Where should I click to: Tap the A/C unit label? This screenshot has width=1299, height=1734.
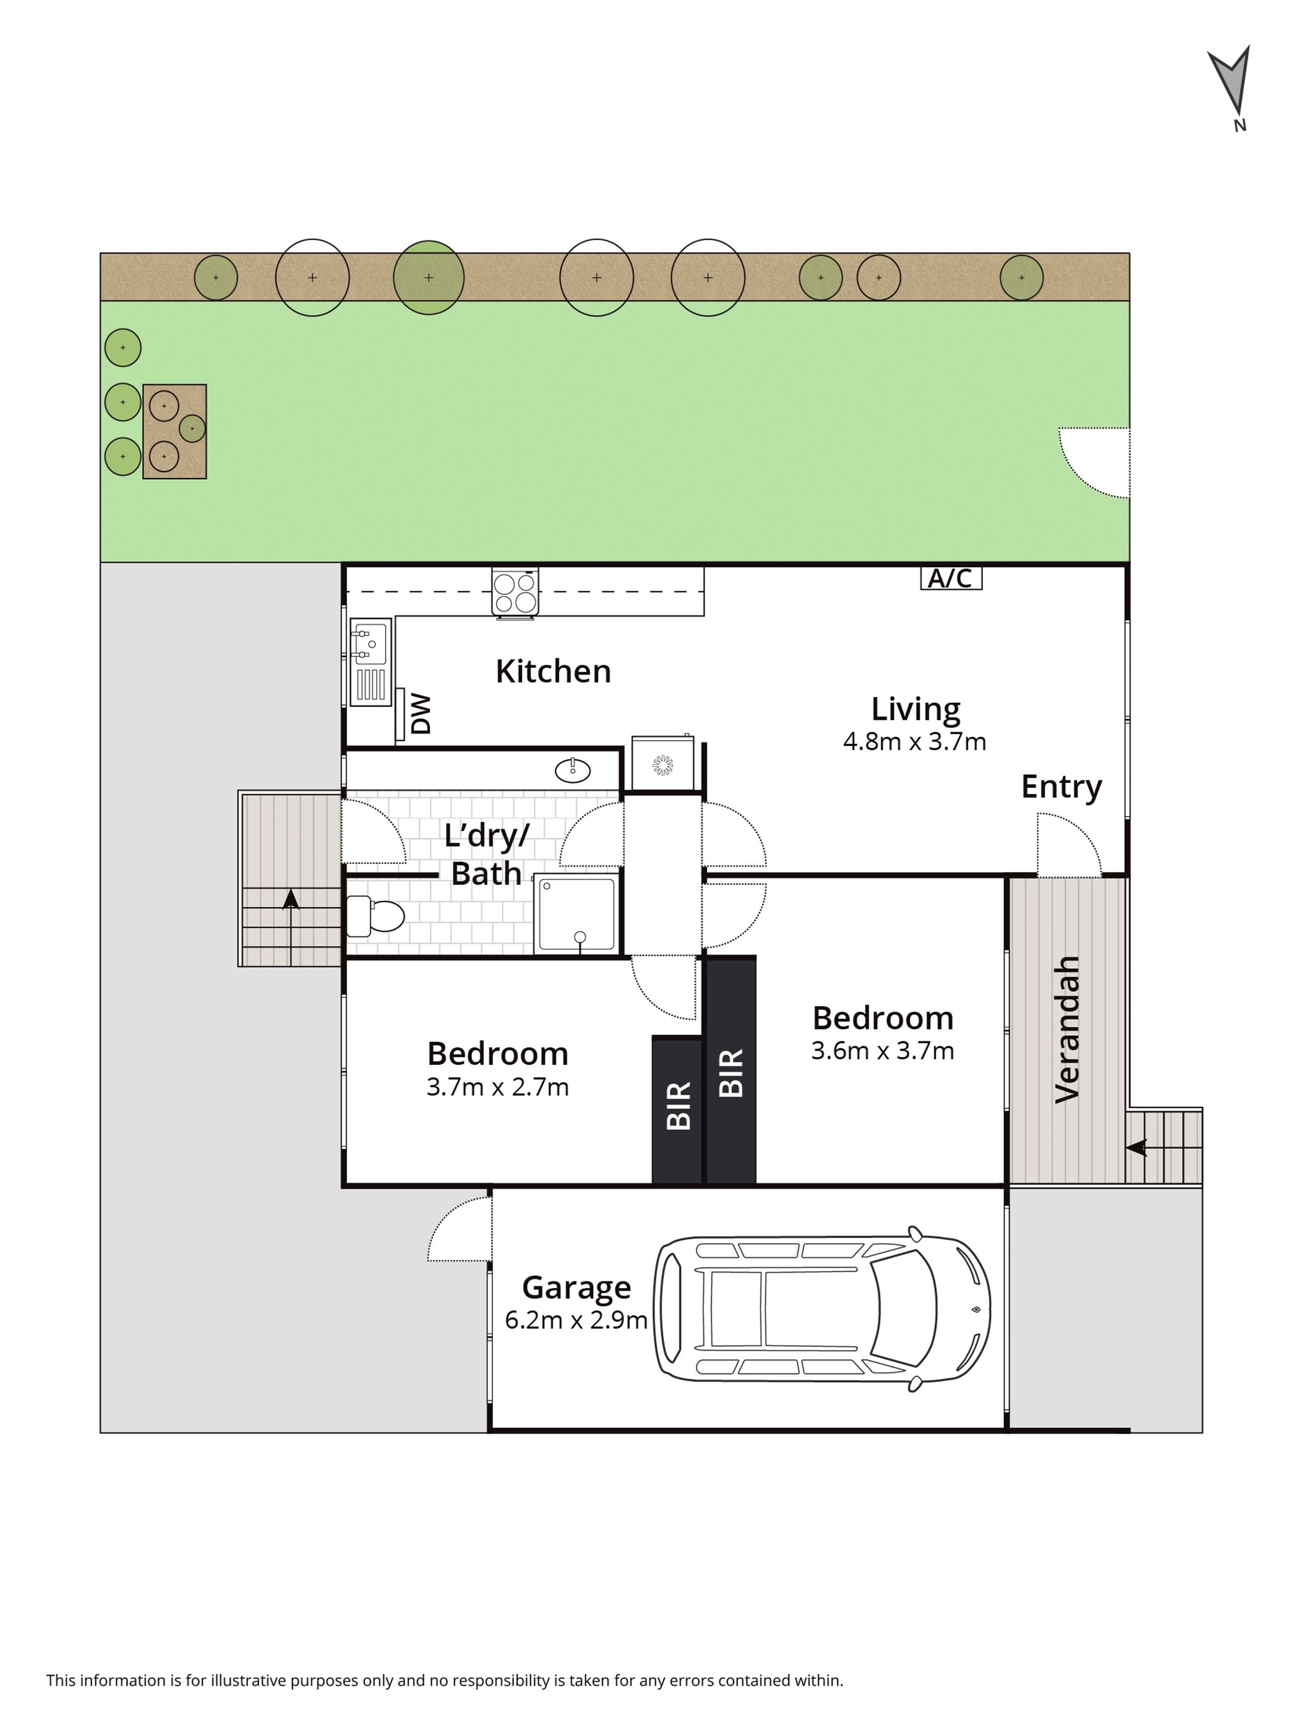click(950, 579)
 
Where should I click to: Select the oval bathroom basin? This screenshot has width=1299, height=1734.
click(573, 771)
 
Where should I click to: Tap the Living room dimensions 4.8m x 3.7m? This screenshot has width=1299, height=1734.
click(914, 741)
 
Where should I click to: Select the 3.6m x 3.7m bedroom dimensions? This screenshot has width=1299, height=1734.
click(883, 1051)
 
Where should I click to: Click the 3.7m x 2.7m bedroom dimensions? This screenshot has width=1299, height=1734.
click(498, 1087)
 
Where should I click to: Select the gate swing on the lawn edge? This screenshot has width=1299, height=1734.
click(1094, 463)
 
